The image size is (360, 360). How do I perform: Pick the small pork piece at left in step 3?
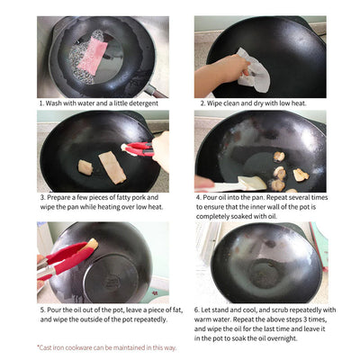85,166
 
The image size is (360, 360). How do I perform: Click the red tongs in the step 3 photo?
138,148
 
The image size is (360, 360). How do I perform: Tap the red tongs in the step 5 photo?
63,256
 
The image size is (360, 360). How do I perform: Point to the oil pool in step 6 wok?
263,273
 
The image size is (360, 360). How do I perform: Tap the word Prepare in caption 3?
60,197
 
